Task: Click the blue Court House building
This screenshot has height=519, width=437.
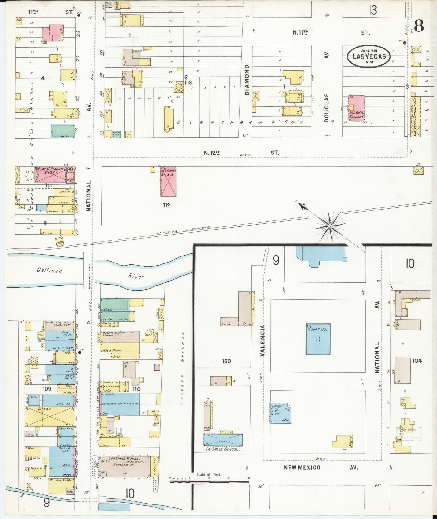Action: pos(318,339)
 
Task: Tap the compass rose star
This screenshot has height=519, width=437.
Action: pos(330,226)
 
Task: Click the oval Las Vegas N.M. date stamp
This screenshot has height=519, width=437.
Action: pos(369,56)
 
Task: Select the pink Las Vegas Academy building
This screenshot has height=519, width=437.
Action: pos(357,108)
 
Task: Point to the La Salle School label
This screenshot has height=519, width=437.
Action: pos(223,449)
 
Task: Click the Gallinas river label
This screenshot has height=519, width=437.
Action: pos(49,270)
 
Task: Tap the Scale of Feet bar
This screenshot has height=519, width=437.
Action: pos(209,481)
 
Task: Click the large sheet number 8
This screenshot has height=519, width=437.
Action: pos(419,26)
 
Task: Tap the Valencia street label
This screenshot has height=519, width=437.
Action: pos(262,340)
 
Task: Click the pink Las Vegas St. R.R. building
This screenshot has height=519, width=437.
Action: pos(168,181)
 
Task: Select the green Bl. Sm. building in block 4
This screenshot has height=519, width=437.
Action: pos(63,131)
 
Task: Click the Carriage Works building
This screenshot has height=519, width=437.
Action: pos(125,466)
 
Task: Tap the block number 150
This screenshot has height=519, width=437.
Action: pos(226,361)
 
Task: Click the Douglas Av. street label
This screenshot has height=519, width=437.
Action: pos(326,91)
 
